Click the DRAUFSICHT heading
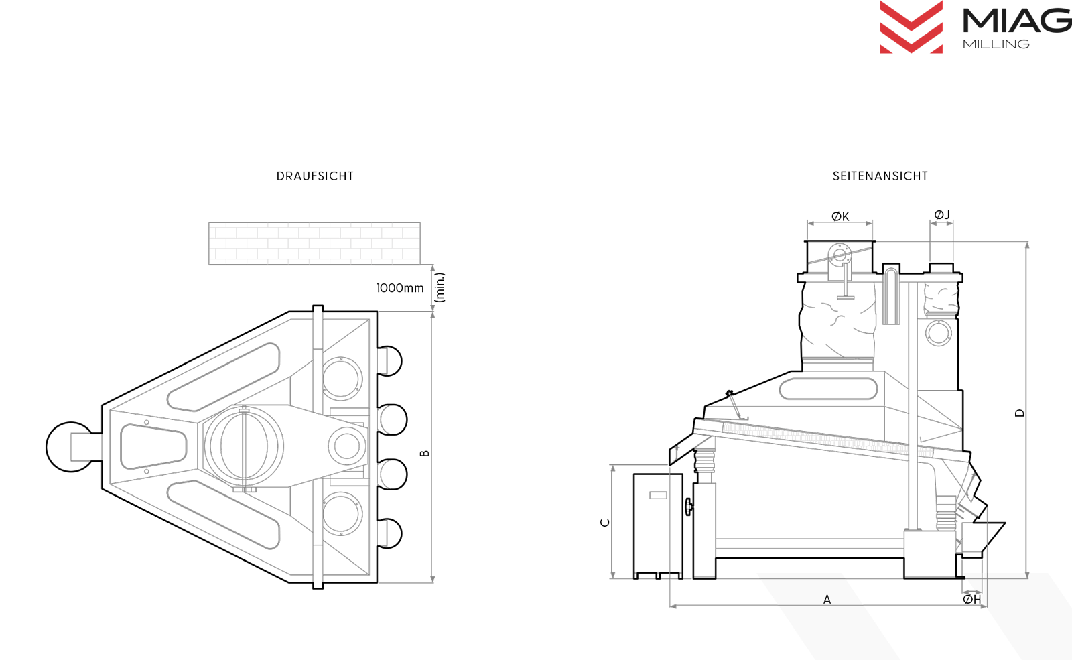point(315,176)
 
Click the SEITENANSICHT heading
point(880,176)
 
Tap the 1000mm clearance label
point(400,288)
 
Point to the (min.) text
point(440,287)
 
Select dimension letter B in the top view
point(425,453)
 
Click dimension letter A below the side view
point(827,599)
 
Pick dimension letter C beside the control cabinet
point(605,523)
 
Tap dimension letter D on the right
point(1019,413)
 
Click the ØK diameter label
point(840,216)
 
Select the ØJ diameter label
point(942,215)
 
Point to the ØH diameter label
point(972,599)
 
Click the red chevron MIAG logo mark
point(911,27)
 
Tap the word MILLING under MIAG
point(996,44)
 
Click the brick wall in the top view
point(314,243)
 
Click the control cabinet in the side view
point(658,525)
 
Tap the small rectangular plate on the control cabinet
point(658,495)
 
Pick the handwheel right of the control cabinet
point(689,507)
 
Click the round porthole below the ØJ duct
point(939,332)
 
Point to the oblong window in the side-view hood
point(828,388)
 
